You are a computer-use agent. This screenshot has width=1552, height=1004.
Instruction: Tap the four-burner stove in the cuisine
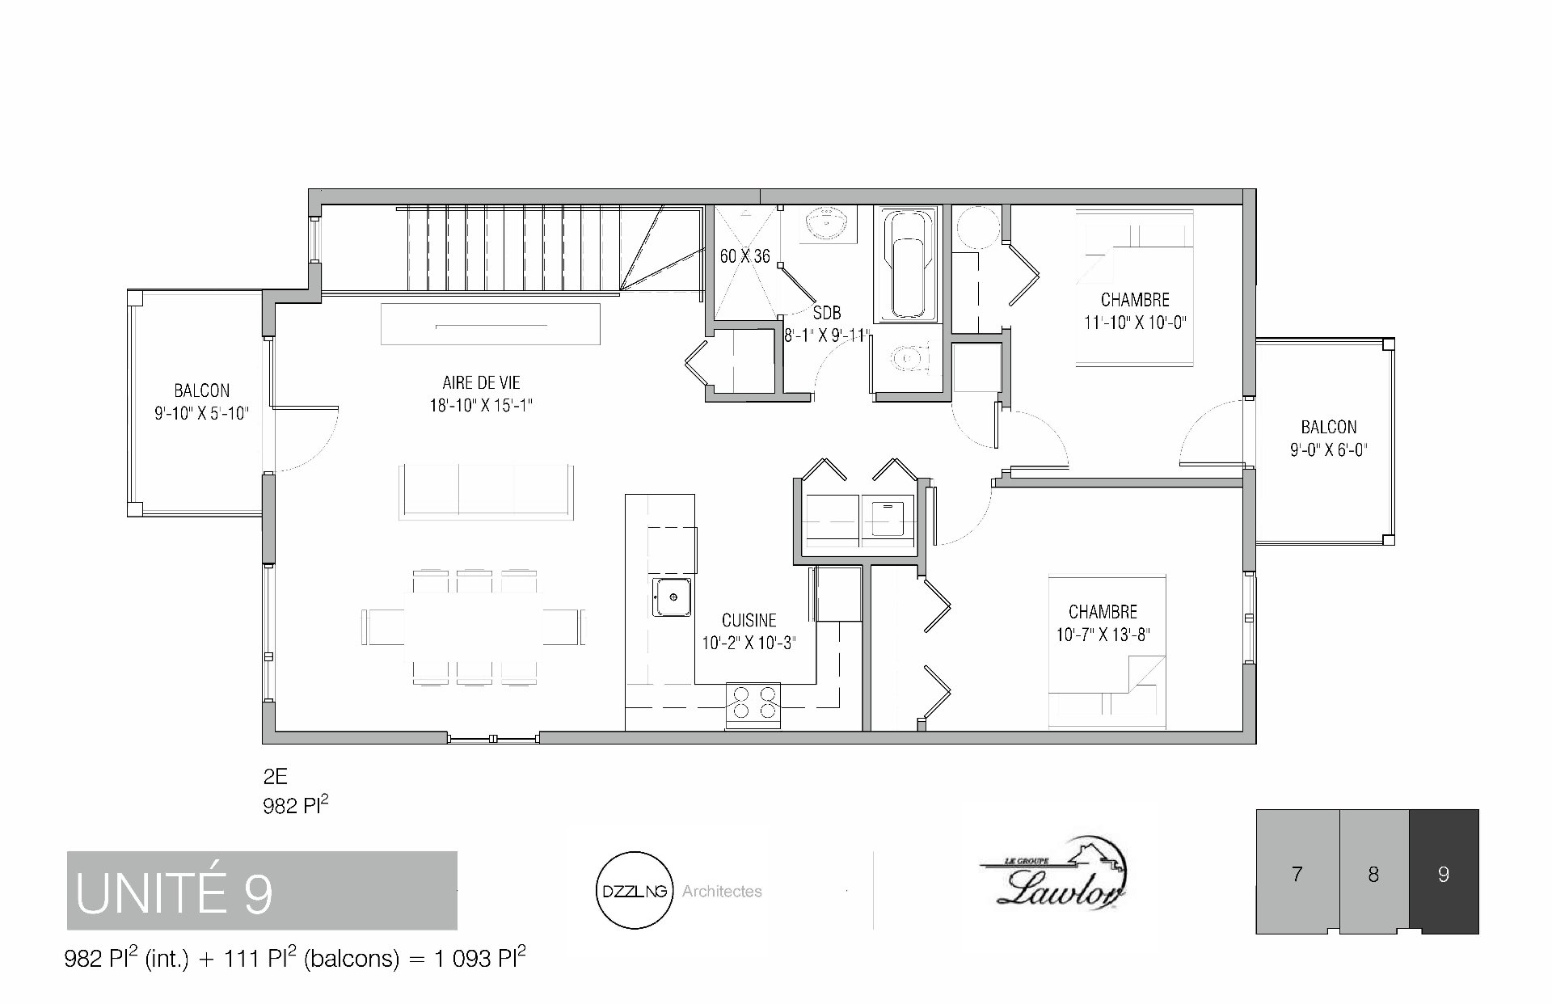coord(753,702)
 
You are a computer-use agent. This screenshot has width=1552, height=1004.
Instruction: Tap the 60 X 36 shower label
coord(744,256)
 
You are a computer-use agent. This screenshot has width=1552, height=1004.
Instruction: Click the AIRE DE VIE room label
coord(481,383)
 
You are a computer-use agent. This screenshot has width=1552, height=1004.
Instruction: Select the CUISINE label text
coord(749,621)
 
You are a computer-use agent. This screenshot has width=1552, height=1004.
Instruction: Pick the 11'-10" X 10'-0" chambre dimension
coord(1135,323)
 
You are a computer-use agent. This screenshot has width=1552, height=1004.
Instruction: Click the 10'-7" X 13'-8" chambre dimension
coord(1103,635)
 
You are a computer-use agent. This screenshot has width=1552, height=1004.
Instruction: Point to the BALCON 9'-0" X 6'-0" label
coord(1328,439)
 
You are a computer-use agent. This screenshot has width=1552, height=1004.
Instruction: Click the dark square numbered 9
coord(1444,871)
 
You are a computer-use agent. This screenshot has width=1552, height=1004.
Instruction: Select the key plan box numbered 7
coord(1297,871)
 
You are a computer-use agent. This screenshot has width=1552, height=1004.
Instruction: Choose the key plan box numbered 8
coord(1374,871)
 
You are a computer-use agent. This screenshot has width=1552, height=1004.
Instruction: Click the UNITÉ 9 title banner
coord(262,890)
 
